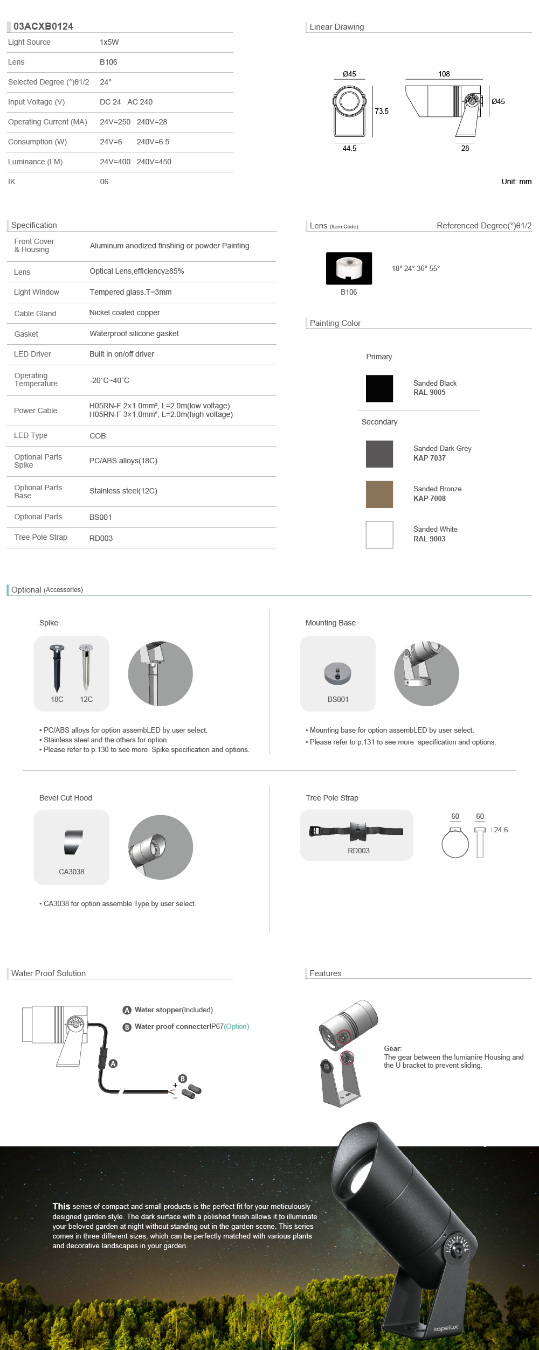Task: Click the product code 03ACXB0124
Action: [43, 26]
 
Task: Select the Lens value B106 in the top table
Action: [108, 62]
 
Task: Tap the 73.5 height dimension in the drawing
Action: [382, 111]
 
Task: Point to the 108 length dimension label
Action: [444, 74]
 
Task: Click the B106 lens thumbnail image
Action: [349, 268]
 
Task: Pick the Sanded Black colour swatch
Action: [379, 388]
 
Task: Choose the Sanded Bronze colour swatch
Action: [379, 494]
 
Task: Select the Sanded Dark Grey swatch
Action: [379, 454]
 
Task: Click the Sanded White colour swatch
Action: [379, 534]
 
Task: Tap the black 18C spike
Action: [57, 668]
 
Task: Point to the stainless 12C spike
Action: [86, 668]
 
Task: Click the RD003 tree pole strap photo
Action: [357, 831]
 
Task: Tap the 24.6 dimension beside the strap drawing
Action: [501, 830]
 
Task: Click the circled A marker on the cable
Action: [113, 1063]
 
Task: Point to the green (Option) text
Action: [237, 1026]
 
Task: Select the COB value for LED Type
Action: [98, 436]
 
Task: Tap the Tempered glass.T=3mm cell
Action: [130, 292]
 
